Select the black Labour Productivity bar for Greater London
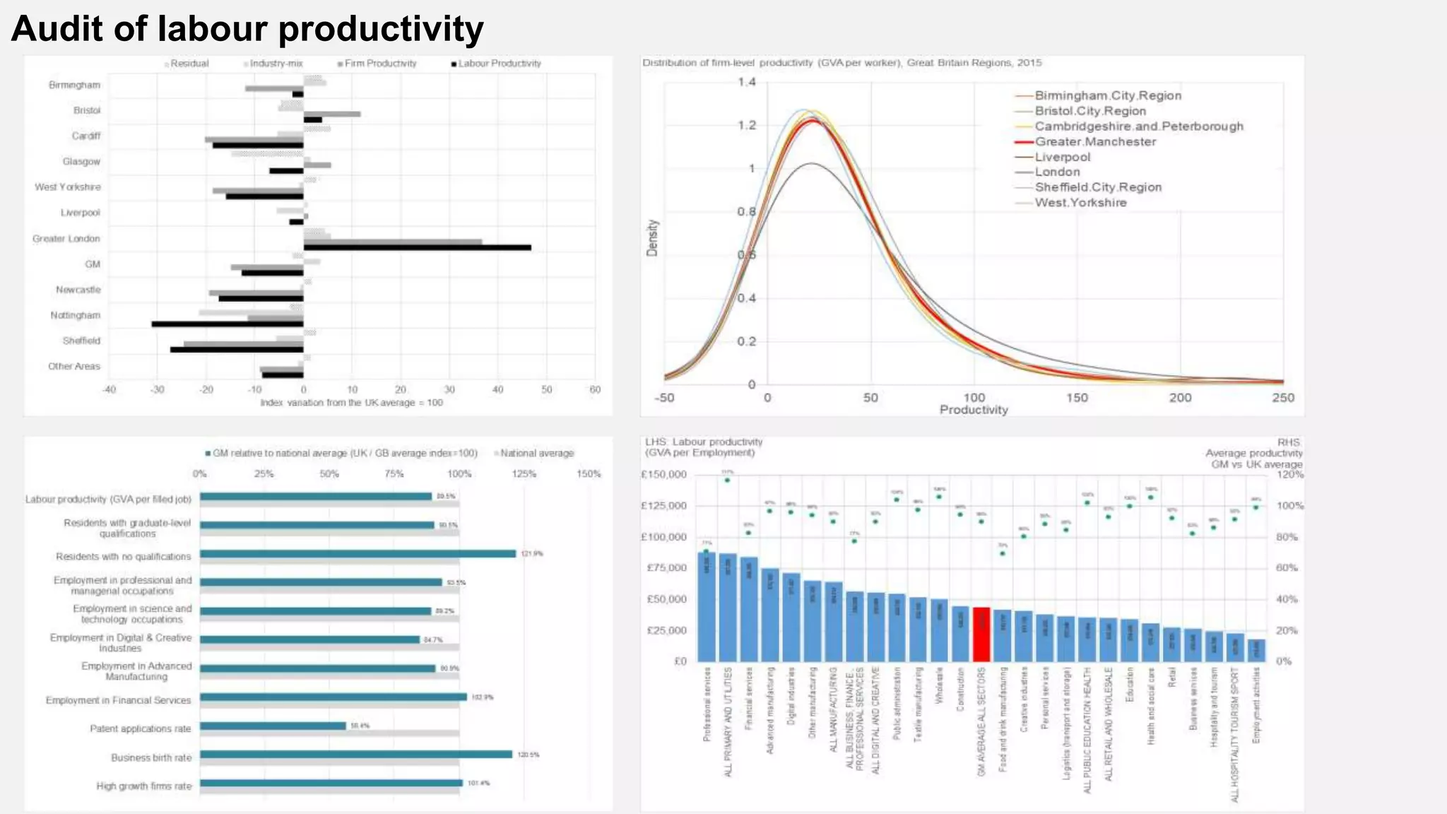pyautogui.click(x=417, y=247)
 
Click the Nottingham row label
pyautogui.click(x=75, y=315)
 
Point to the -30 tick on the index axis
pyautogui.click(x=157, y=389)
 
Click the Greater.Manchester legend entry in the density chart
pyautogui.click(x=1094, y=141)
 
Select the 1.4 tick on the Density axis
pyautogui.click(x=747, y=82)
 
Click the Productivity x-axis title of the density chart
pyautogui.click(x=973, y=410)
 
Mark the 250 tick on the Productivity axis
pyautogui.click(x=1283, y=398)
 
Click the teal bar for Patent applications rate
pyautogui.click(x=273, y=726)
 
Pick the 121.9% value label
pyautogui.click(x=532, y=554)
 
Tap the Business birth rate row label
pyautogui.click(x=150, y=757)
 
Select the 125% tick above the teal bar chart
pyautogui.click(x=524, y=474)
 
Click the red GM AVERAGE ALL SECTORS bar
pyautogui.click(x=981, y=634)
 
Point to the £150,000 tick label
pyautogui.click(x=663, y=475)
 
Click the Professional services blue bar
pyautogui.click(x=707, y=607)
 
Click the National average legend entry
pyautogui.click(x=536, y=454)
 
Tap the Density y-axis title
pyautogui.click(x=652, y=237)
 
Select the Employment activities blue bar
pyautogui.click(x=1256, y=650)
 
